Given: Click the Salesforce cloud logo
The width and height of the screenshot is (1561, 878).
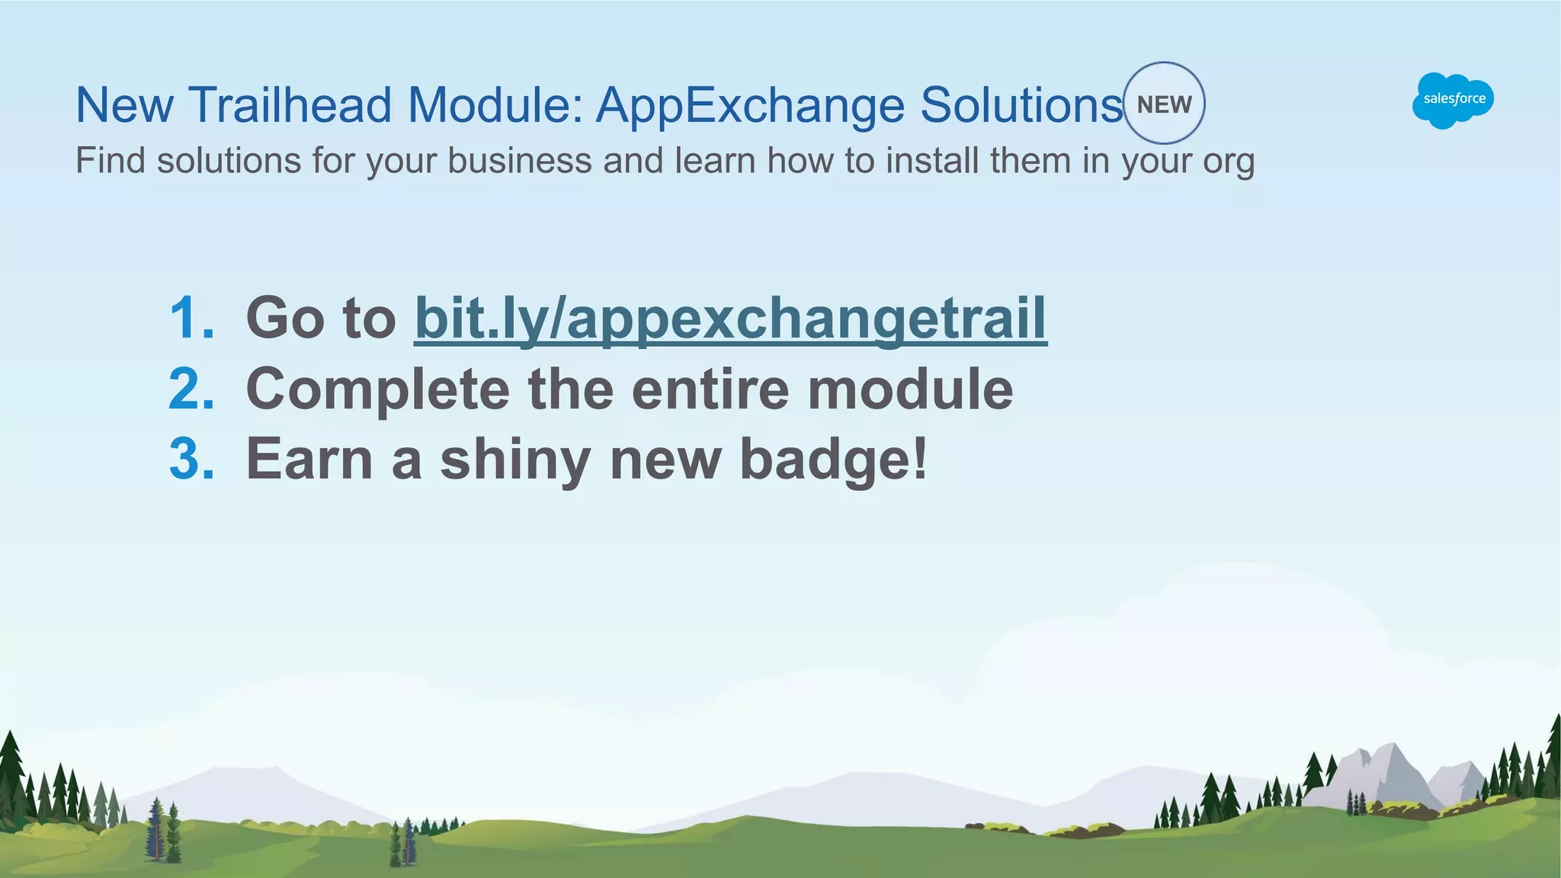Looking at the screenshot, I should (1453, 100).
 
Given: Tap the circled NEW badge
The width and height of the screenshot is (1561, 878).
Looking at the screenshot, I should (1164, 104).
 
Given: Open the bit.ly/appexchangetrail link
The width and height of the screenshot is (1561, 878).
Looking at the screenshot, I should (730, 318).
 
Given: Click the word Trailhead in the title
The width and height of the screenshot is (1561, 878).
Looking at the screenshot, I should (290, 104).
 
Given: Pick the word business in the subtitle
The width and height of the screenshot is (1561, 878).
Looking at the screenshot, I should (519, 161).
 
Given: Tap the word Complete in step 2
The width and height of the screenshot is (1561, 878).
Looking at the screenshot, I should (378, 389).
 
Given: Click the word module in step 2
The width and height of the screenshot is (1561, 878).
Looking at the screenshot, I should (910, 389).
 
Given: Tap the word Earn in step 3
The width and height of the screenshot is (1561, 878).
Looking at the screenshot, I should (309, 460).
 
